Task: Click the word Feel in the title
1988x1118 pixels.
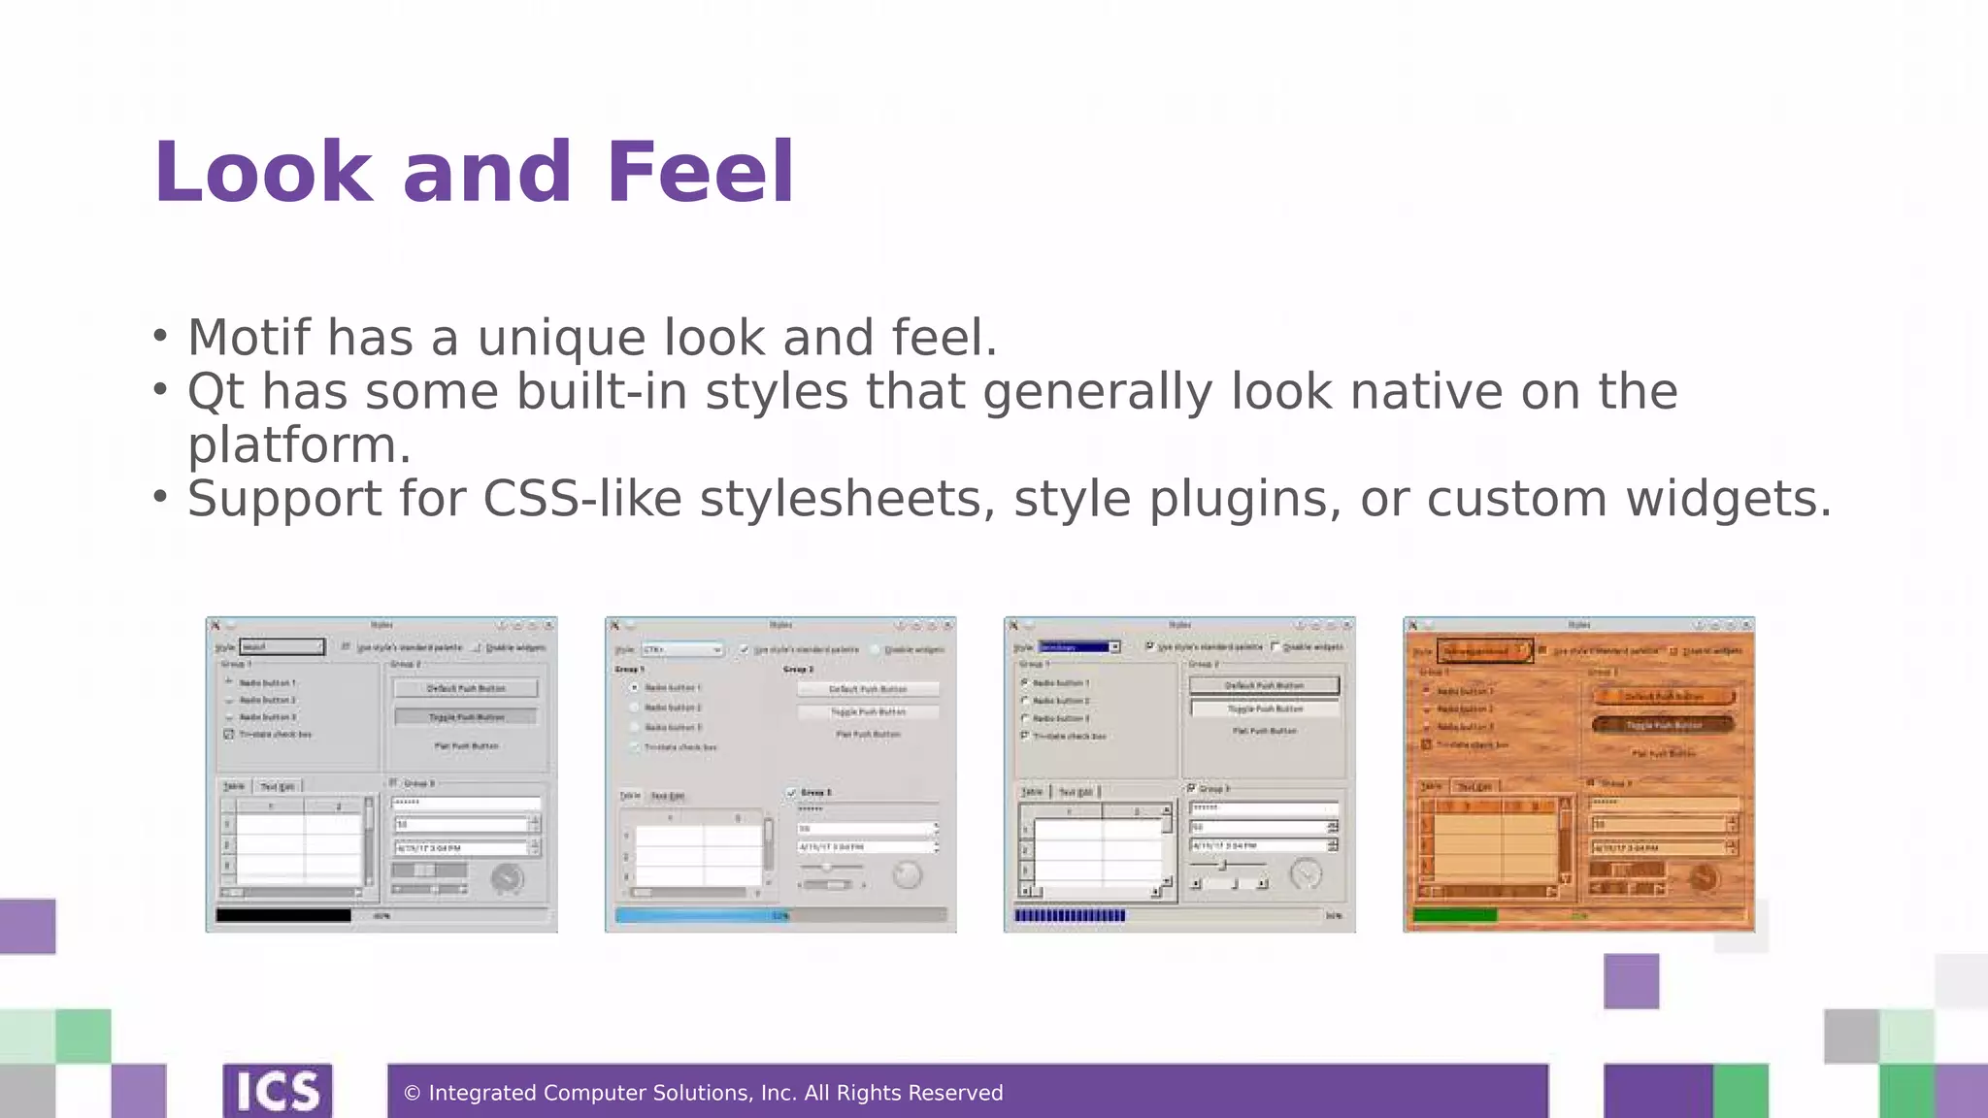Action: pos(700,173)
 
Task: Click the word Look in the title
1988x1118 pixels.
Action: pos(262,173)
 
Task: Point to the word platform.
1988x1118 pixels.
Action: pos(299,445)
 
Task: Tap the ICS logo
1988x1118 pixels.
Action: pos(278,1091)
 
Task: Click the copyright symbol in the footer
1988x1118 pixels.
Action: pos(412,1094)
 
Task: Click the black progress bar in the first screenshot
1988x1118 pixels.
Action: pos(282,915)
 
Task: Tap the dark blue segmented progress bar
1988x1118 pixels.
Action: pos(1069,915)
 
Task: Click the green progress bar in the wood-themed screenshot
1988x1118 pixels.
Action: pos(1454,915)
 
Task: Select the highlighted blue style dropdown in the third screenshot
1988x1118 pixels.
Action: pos(1075,647)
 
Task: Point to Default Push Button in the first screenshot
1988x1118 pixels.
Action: pos(466,688)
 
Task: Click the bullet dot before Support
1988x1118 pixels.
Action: pos(161,497)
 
